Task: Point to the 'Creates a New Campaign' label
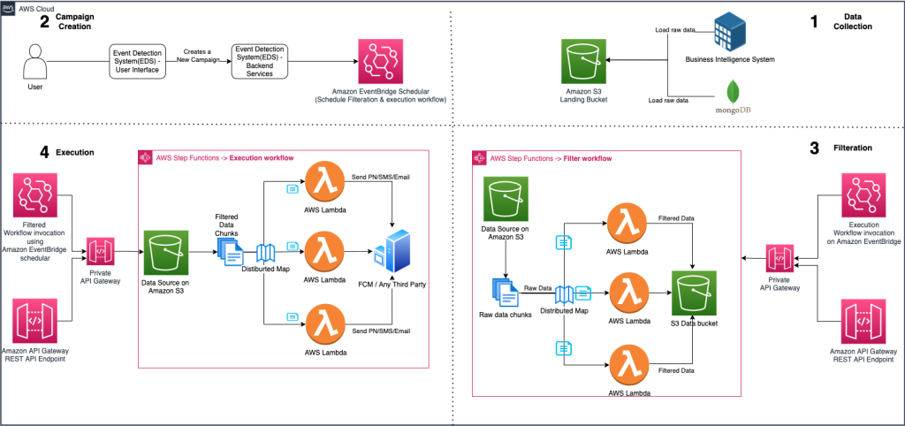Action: (197, 56)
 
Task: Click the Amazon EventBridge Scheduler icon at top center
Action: (381, 62)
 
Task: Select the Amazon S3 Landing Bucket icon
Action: (583, 62)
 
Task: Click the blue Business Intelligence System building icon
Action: (731, 31)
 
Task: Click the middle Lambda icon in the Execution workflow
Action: (324, 252)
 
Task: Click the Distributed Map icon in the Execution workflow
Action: (265, 253)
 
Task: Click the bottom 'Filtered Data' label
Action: (676, 370)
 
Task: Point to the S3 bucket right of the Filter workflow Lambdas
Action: (694, 293)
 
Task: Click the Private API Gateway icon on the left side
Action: (99, 253)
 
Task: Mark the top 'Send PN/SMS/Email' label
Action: (381, 178)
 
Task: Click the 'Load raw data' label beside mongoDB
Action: (668, 101)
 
